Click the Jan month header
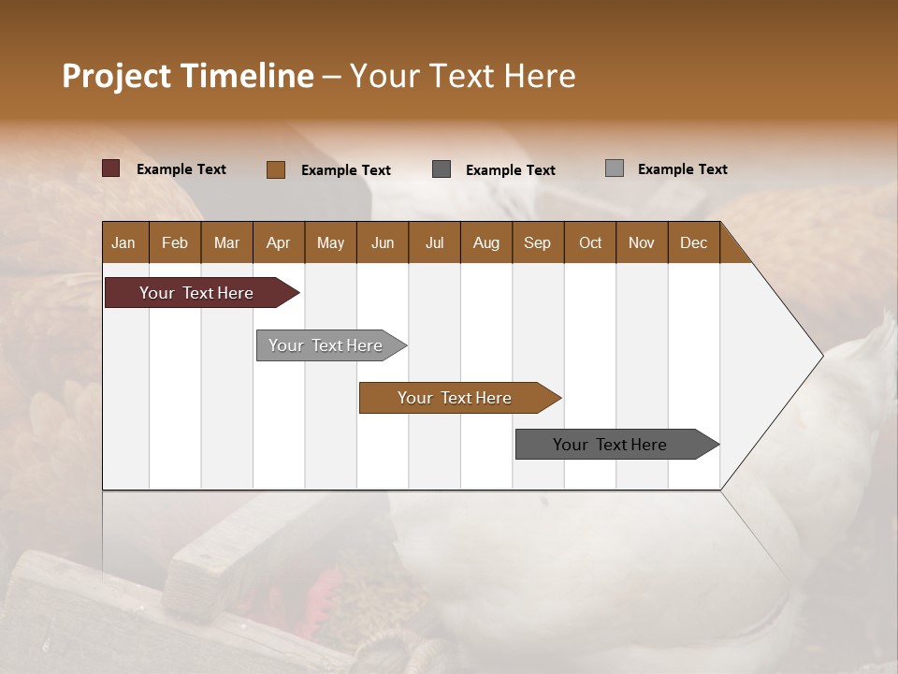[x=123, y=242]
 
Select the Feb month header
[x=175, y=242]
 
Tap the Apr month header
[x=278, y=242]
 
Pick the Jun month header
[x=383, y=242]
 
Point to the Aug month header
[x=485, y=242]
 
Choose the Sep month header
[x=537, y=242]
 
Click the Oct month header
[x=590, y=242]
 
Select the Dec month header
[x=693, y=242]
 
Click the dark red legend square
[x=111, y=168]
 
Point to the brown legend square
[x=276, y=169]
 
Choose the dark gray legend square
[x=442, y=169]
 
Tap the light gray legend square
[x=615, y=168]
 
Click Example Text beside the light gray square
[x=682, y=169]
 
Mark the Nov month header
[x=642, y=242]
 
